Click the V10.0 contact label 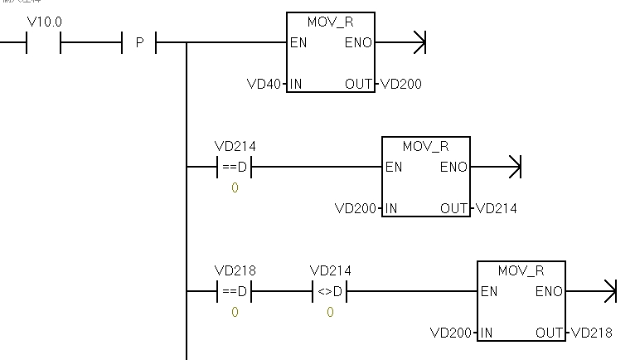coord(44,22)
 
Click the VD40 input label coord(264,84)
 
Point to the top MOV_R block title coord(330,22)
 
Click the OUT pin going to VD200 coord(359,84)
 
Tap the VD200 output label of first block coord(401,84)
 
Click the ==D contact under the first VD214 coord(234,168)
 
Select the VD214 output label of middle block coord(497,208)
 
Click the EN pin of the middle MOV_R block coord(394,168)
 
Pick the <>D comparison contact coord(329,292)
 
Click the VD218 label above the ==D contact coord(235,270)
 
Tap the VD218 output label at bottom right coord(592,333)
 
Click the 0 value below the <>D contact coord(330,313)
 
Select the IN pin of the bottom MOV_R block coord(486,333)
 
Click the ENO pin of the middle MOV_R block coord(453,168)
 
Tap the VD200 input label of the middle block coord(356,208)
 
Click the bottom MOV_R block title coord(521,271)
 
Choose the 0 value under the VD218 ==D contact coord(235,313)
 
